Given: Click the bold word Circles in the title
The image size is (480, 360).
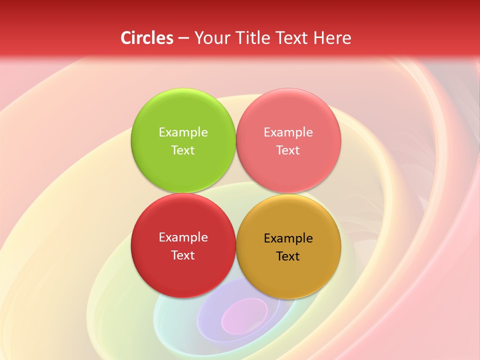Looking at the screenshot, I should [x=146, y=38].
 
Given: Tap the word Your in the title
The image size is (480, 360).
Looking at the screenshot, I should [x=210, y=38].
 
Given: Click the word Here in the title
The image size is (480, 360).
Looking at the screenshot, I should [x=332, y=38].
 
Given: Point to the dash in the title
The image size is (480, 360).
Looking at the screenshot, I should [x=183, y=38].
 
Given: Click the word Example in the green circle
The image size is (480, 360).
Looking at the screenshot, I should [x=183, y=132].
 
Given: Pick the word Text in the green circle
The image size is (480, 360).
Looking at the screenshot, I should [x=183, y=150].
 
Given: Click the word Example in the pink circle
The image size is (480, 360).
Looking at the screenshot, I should [x=288, y=132].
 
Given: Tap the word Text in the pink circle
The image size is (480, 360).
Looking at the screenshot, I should [x=288, y=150].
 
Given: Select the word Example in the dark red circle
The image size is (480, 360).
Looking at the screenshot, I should [x=183, y=237].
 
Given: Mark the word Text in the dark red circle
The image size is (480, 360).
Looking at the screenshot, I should [x=183, y=255].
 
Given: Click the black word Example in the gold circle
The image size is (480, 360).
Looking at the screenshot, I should [x=288, y=238].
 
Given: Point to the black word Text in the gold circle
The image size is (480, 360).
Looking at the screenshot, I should [x=288, y=256].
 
